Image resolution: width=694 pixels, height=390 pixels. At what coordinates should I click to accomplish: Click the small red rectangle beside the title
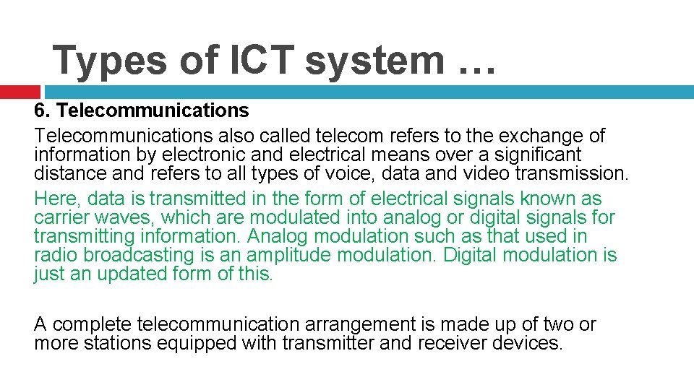(x=20, y=92)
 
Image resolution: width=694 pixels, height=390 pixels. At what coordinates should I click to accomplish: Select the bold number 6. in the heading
(x=42, y=110)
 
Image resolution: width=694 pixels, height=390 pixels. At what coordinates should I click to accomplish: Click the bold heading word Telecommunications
(x=153, y=110)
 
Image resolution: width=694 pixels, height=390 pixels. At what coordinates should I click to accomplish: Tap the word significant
(x=536, y=154)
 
